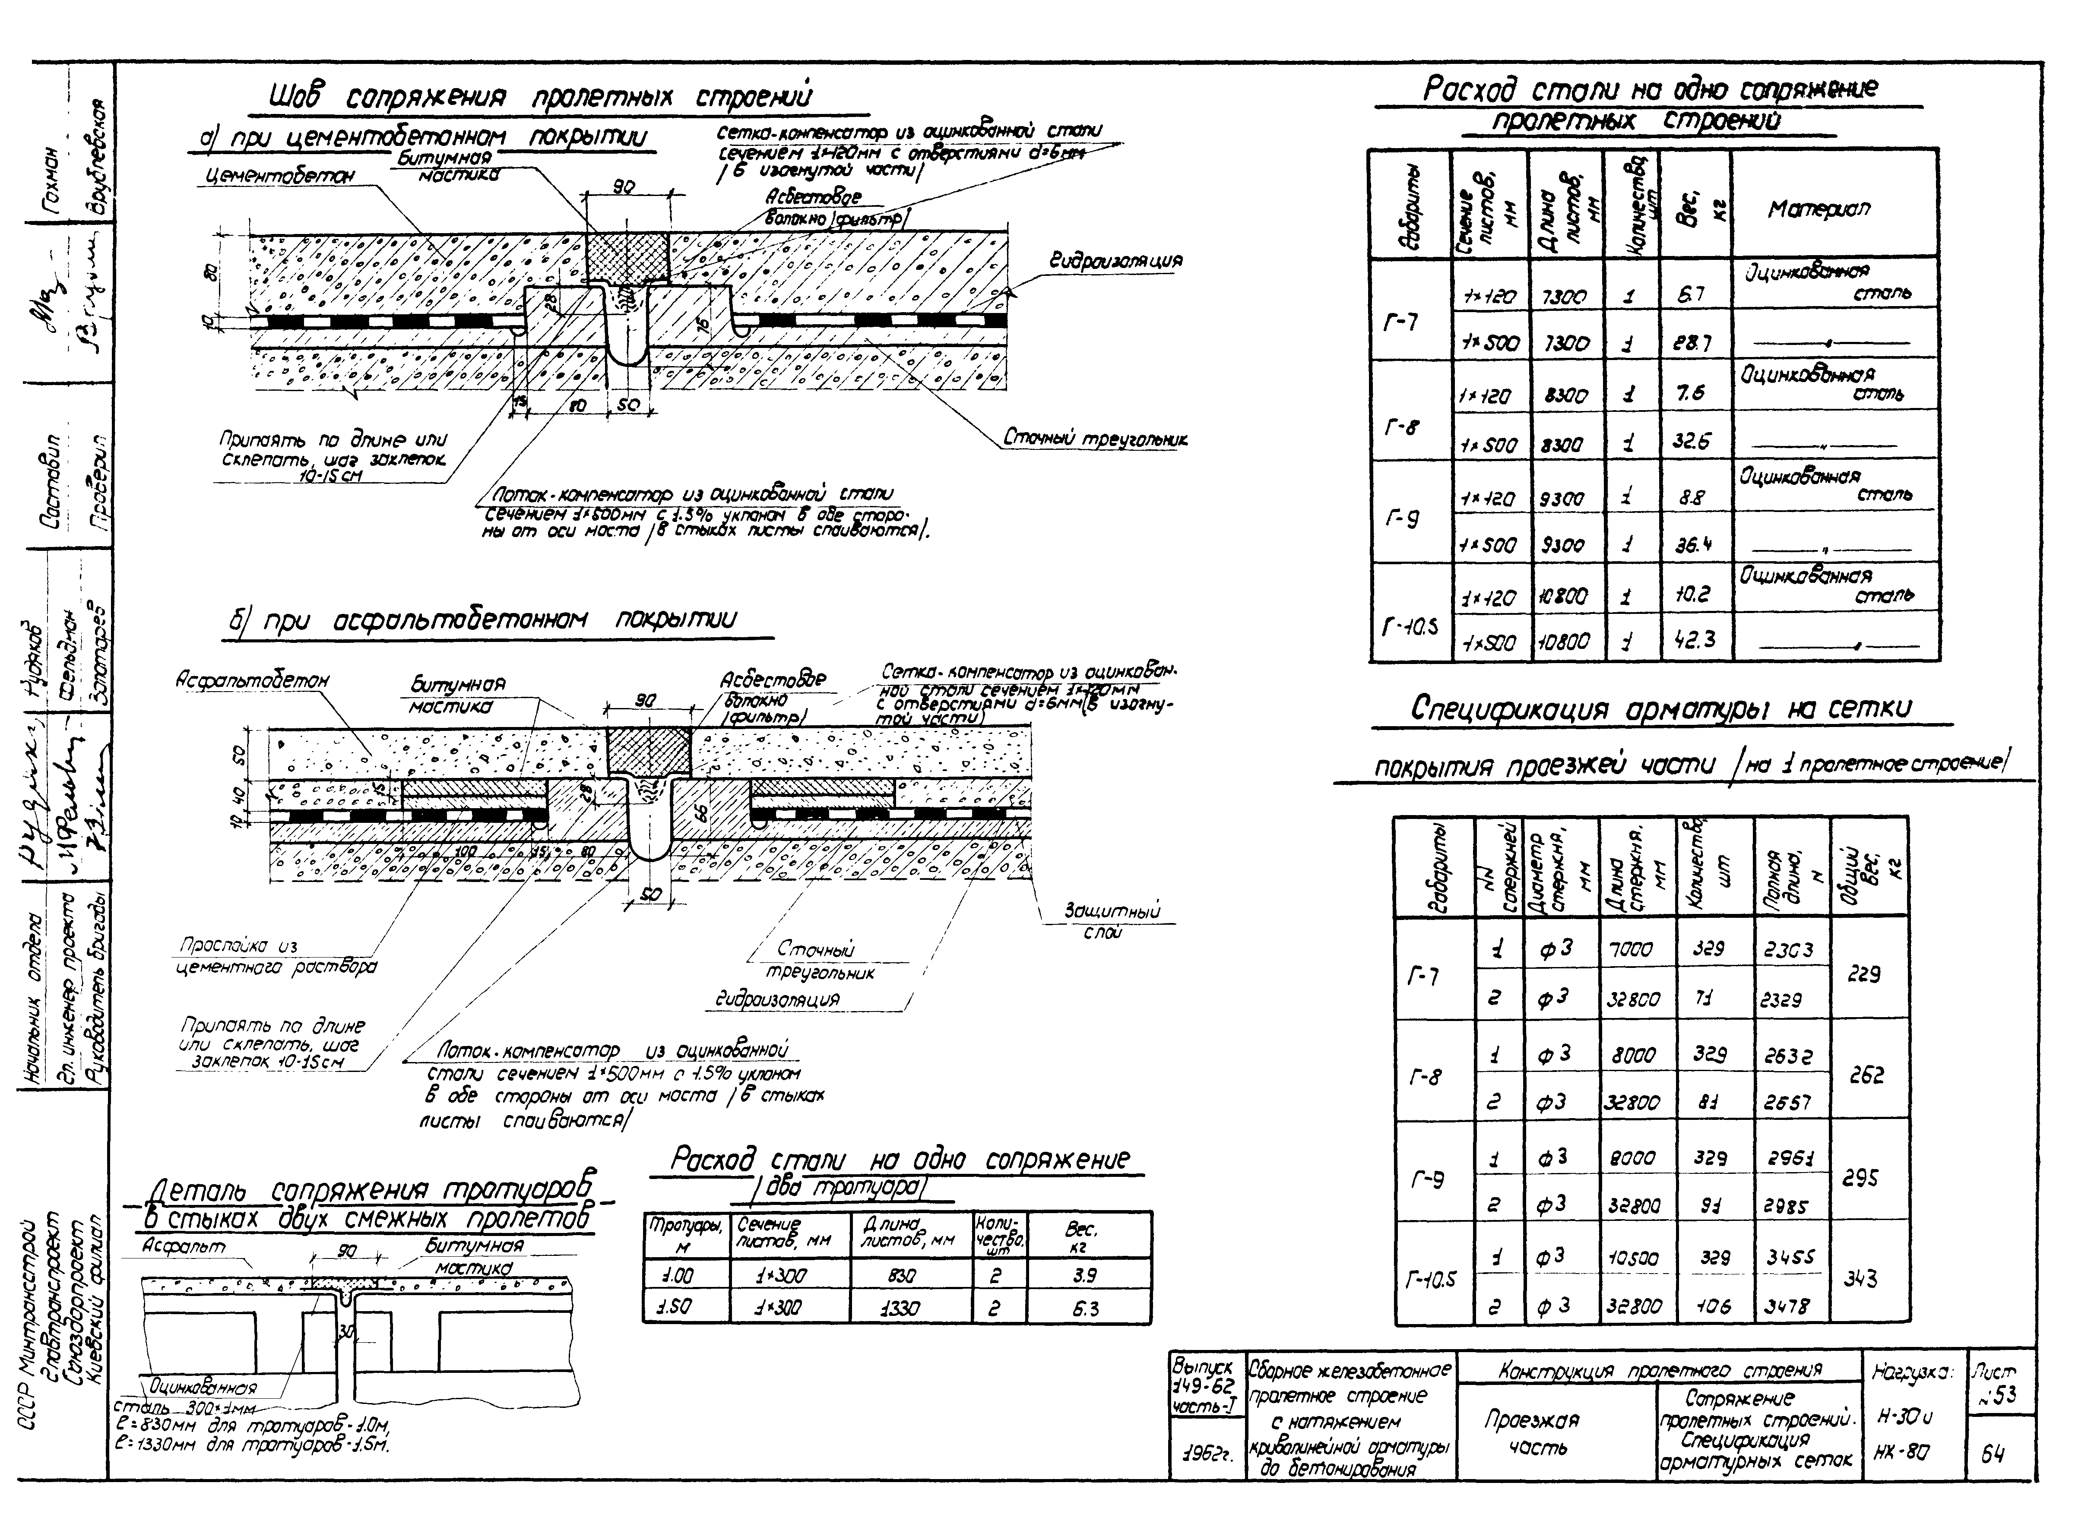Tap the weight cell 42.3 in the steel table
(1695, 639)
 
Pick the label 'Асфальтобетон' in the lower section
(252, 681)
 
